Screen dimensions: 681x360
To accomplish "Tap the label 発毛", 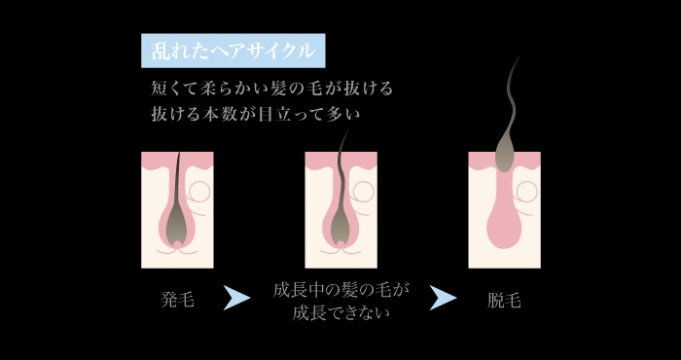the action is [x=177, y=300].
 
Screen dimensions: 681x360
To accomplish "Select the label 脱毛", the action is [x=504, y=300].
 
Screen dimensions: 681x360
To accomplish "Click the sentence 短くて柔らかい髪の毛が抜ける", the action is [x=271, y=89].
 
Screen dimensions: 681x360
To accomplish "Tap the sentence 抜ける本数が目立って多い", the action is [x=256, y=114].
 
